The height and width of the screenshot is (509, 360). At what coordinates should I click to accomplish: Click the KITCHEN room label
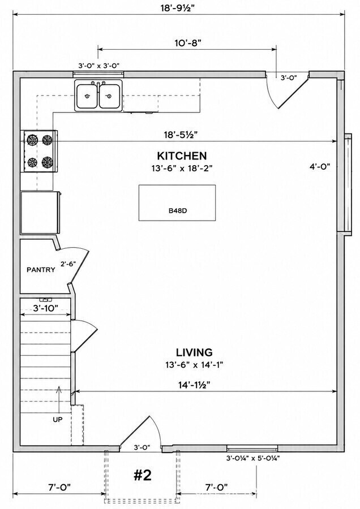click(x=182, y=156)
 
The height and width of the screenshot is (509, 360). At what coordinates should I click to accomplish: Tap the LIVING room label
click(x=194, y=352)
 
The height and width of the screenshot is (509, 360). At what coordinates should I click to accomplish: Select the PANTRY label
click(x=41, y=269)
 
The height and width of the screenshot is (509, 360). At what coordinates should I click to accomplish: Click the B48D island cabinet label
click(x=178, y=211)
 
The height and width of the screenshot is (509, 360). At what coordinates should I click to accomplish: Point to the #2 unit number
click(x=143, y=475)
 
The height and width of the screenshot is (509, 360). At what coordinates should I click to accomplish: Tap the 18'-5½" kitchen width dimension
click(x=181, y=135)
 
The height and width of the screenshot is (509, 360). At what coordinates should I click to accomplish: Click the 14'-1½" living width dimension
click(x=194, y=385)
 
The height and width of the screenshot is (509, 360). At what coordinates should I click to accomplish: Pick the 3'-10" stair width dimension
click(x=45, y=308)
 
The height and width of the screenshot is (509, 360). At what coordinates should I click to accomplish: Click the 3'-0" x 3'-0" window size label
click(x=98, y=66)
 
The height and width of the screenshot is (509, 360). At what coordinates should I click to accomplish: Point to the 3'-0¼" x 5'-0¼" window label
click(x=253, y=458)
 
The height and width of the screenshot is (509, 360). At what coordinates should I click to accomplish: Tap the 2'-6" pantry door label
click(x=68, y=264)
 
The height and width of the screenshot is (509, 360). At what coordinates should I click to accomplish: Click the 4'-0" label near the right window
click(x=320, y=167)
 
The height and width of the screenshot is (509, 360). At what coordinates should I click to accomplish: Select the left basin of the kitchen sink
click(x=87, y=96)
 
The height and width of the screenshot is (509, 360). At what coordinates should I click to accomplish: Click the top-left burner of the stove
click(x=32, y=140)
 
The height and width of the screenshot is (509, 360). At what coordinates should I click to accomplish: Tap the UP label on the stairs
click(x=58, y=420)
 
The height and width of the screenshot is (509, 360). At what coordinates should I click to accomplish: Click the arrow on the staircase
click(x=59, y=400)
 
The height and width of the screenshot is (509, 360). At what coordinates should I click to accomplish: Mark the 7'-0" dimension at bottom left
click(x=59, y=487)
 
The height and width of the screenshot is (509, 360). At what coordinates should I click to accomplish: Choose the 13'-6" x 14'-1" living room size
click(x=194, y=365)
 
